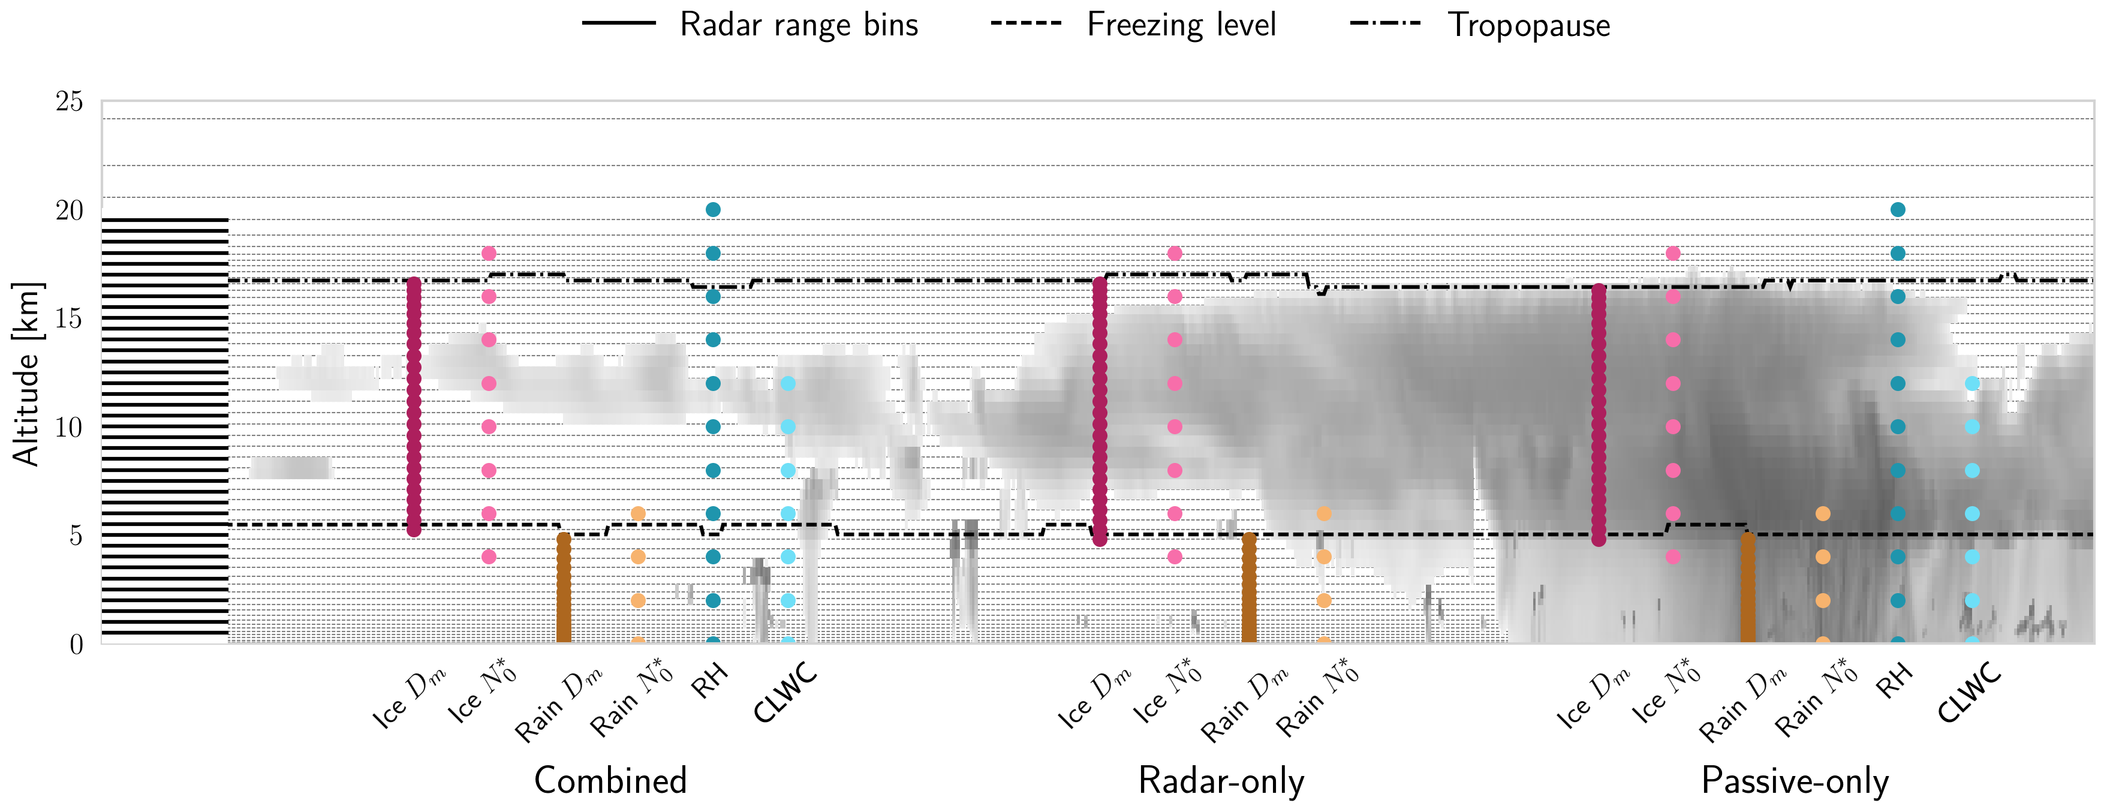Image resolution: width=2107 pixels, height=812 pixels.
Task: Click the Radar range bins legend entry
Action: [797, 25]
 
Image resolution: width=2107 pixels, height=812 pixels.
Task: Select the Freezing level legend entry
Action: [1180, 25]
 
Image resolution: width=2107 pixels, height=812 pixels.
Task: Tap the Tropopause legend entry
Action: [1528, 25]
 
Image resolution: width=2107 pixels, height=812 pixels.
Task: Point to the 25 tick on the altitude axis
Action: [70, 101]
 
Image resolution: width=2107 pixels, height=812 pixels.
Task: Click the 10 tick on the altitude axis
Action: [70, 427]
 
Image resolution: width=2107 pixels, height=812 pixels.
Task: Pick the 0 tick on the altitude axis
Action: [76, 644]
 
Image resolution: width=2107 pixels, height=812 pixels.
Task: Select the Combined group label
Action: [610, 781]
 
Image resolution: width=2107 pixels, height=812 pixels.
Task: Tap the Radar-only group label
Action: [1221, 781]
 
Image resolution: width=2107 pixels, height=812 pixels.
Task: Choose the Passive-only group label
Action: [1795, 781]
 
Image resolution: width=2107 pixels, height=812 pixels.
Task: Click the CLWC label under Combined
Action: [785, 693]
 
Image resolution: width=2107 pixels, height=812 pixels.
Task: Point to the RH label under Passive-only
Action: [1894, 680]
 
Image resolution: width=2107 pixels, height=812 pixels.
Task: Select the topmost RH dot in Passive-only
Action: [1898, 209]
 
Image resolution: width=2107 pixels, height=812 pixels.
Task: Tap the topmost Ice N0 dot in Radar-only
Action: [1175, 254]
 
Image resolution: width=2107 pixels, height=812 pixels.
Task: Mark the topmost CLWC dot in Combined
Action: [788, 383]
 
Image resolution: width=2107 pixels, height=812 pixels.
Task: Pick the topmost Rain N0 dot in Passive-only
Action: [1822, 513]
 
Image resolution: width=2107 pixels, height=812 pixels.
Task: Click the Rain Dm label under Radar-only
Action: [1245, 703]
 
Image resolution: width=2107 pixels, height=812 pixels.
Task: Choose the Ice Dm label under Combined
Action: [409, 699]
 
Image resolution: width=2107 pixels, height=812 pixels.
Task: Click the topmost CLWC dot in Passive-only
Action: [1972, 383]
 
